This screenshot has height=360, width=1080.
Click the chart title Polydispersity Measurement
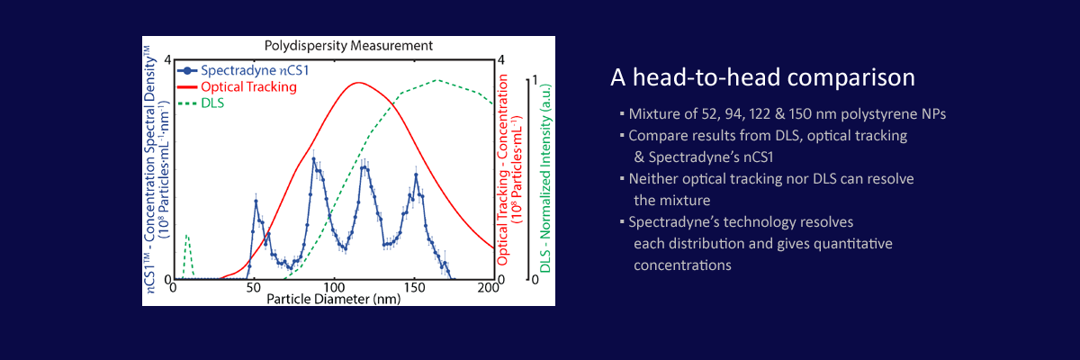coord(348,45)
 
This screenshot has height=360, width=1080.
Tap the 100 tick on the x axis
coord(334,287)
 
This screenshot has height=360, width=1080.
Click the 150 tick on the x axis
coord(414,287)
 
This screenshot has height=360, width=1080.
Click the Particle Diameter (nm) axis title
coord(333,298)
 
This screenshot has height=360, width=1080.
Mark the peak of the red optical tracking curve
coord(358,83)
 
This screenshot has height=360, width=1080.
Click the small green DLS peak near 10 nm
coord(186,235)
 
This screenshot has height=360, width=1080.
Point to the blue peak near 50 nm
coord(256,201)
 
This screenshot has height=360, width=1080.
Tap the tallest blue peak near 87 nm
coord(313,159)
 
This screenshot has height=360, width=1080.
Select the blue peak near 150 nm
coord(416,175)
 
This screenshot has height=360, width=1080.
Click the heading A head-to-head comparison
coord(762,77)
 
